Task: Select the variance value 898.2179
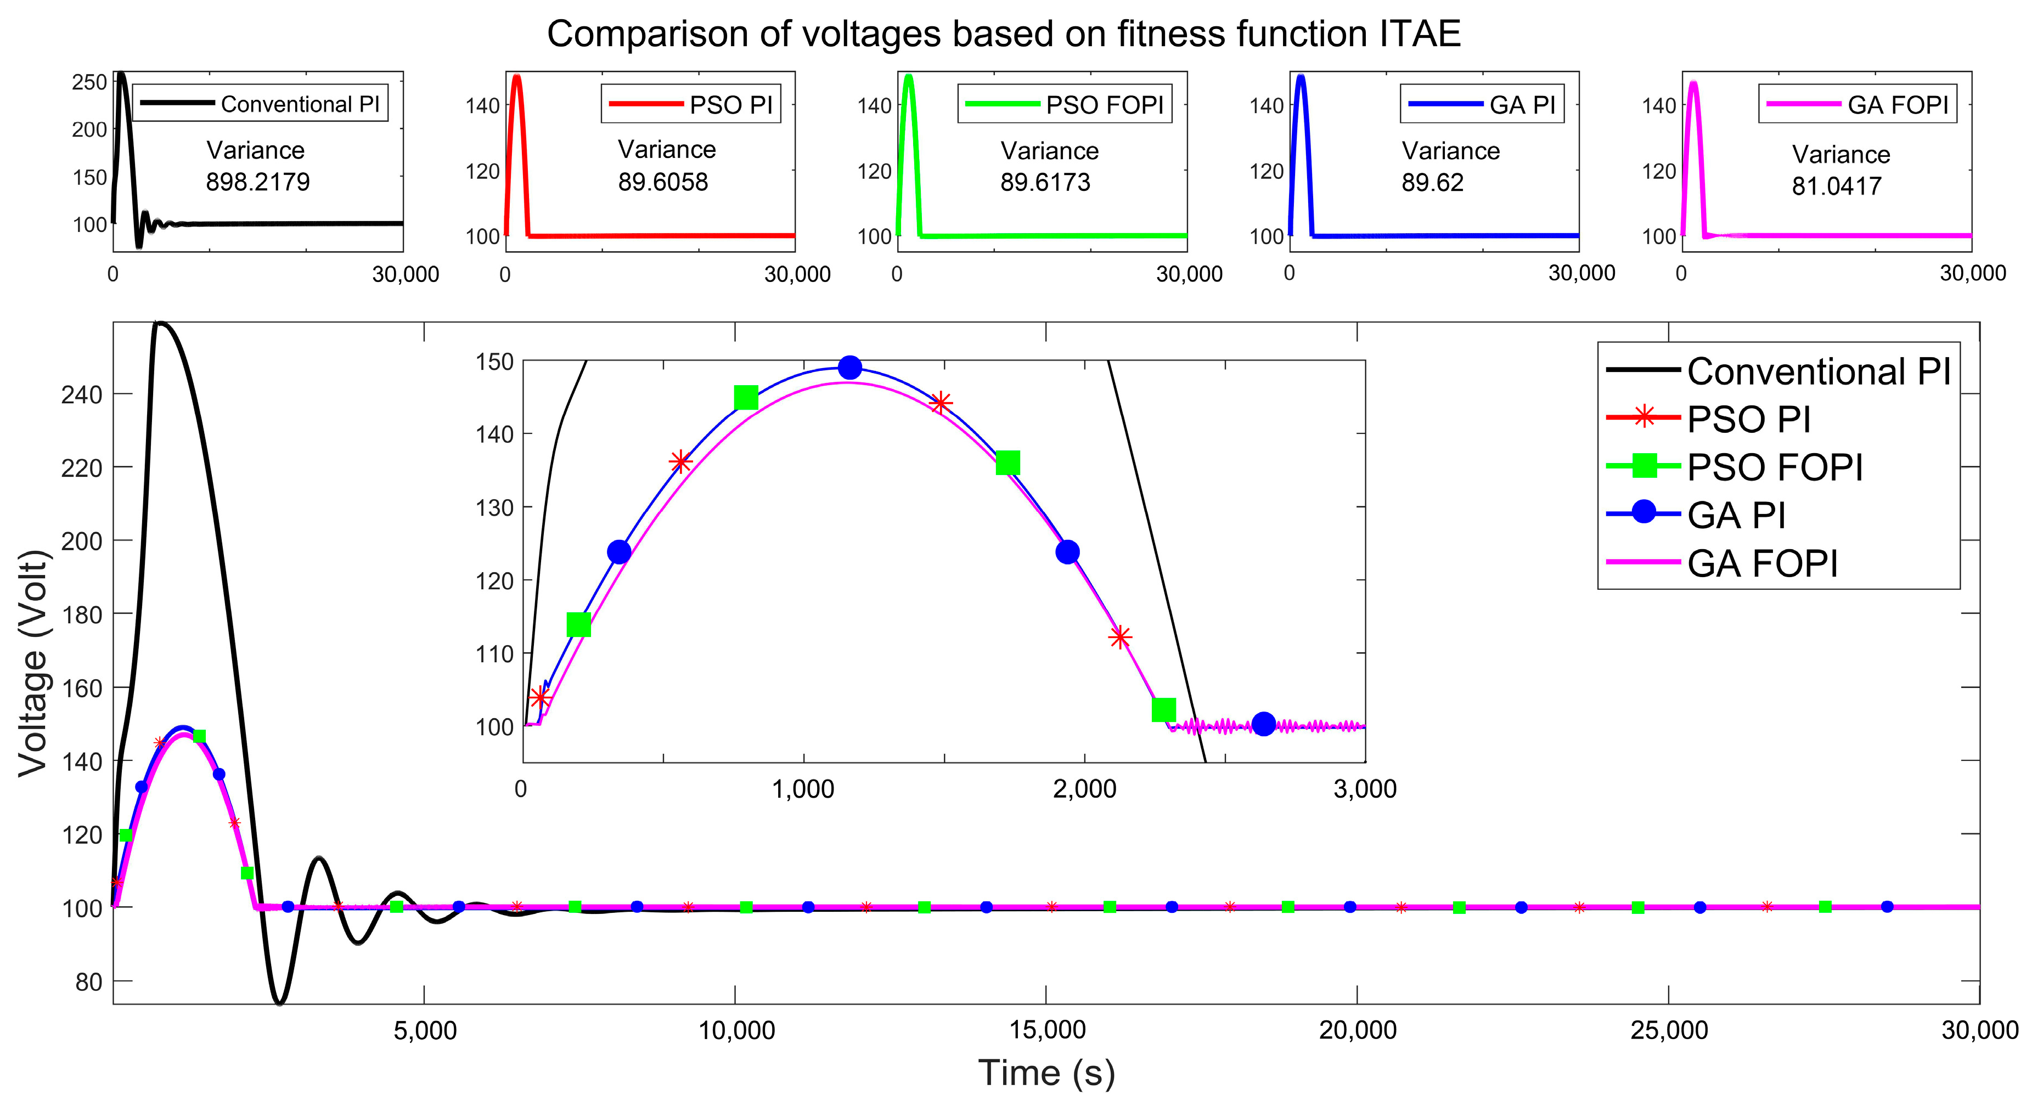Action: [x=258, y=182]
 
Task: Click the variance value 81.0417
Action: [x=1836, y=186]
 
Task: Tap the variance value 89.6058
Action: [x=663, y=182]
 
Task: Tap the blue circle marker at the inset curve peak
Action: [x=849, y=368]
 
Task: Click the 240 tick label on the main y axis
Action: [x=82, y=394]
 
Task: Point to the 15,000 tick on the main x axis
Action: [x=1048, y=1029]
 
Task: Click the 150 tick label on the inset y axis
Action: [x=494, y=362]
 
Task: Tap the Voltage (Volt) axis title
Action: [x=34, y=663]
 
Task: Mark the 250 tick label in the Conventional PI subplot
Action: [x=89, y=82]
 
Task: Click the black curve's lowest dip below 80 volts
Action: [x=280, y=1002]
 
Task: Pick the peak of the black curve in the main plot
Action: [x=159, y=323]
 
